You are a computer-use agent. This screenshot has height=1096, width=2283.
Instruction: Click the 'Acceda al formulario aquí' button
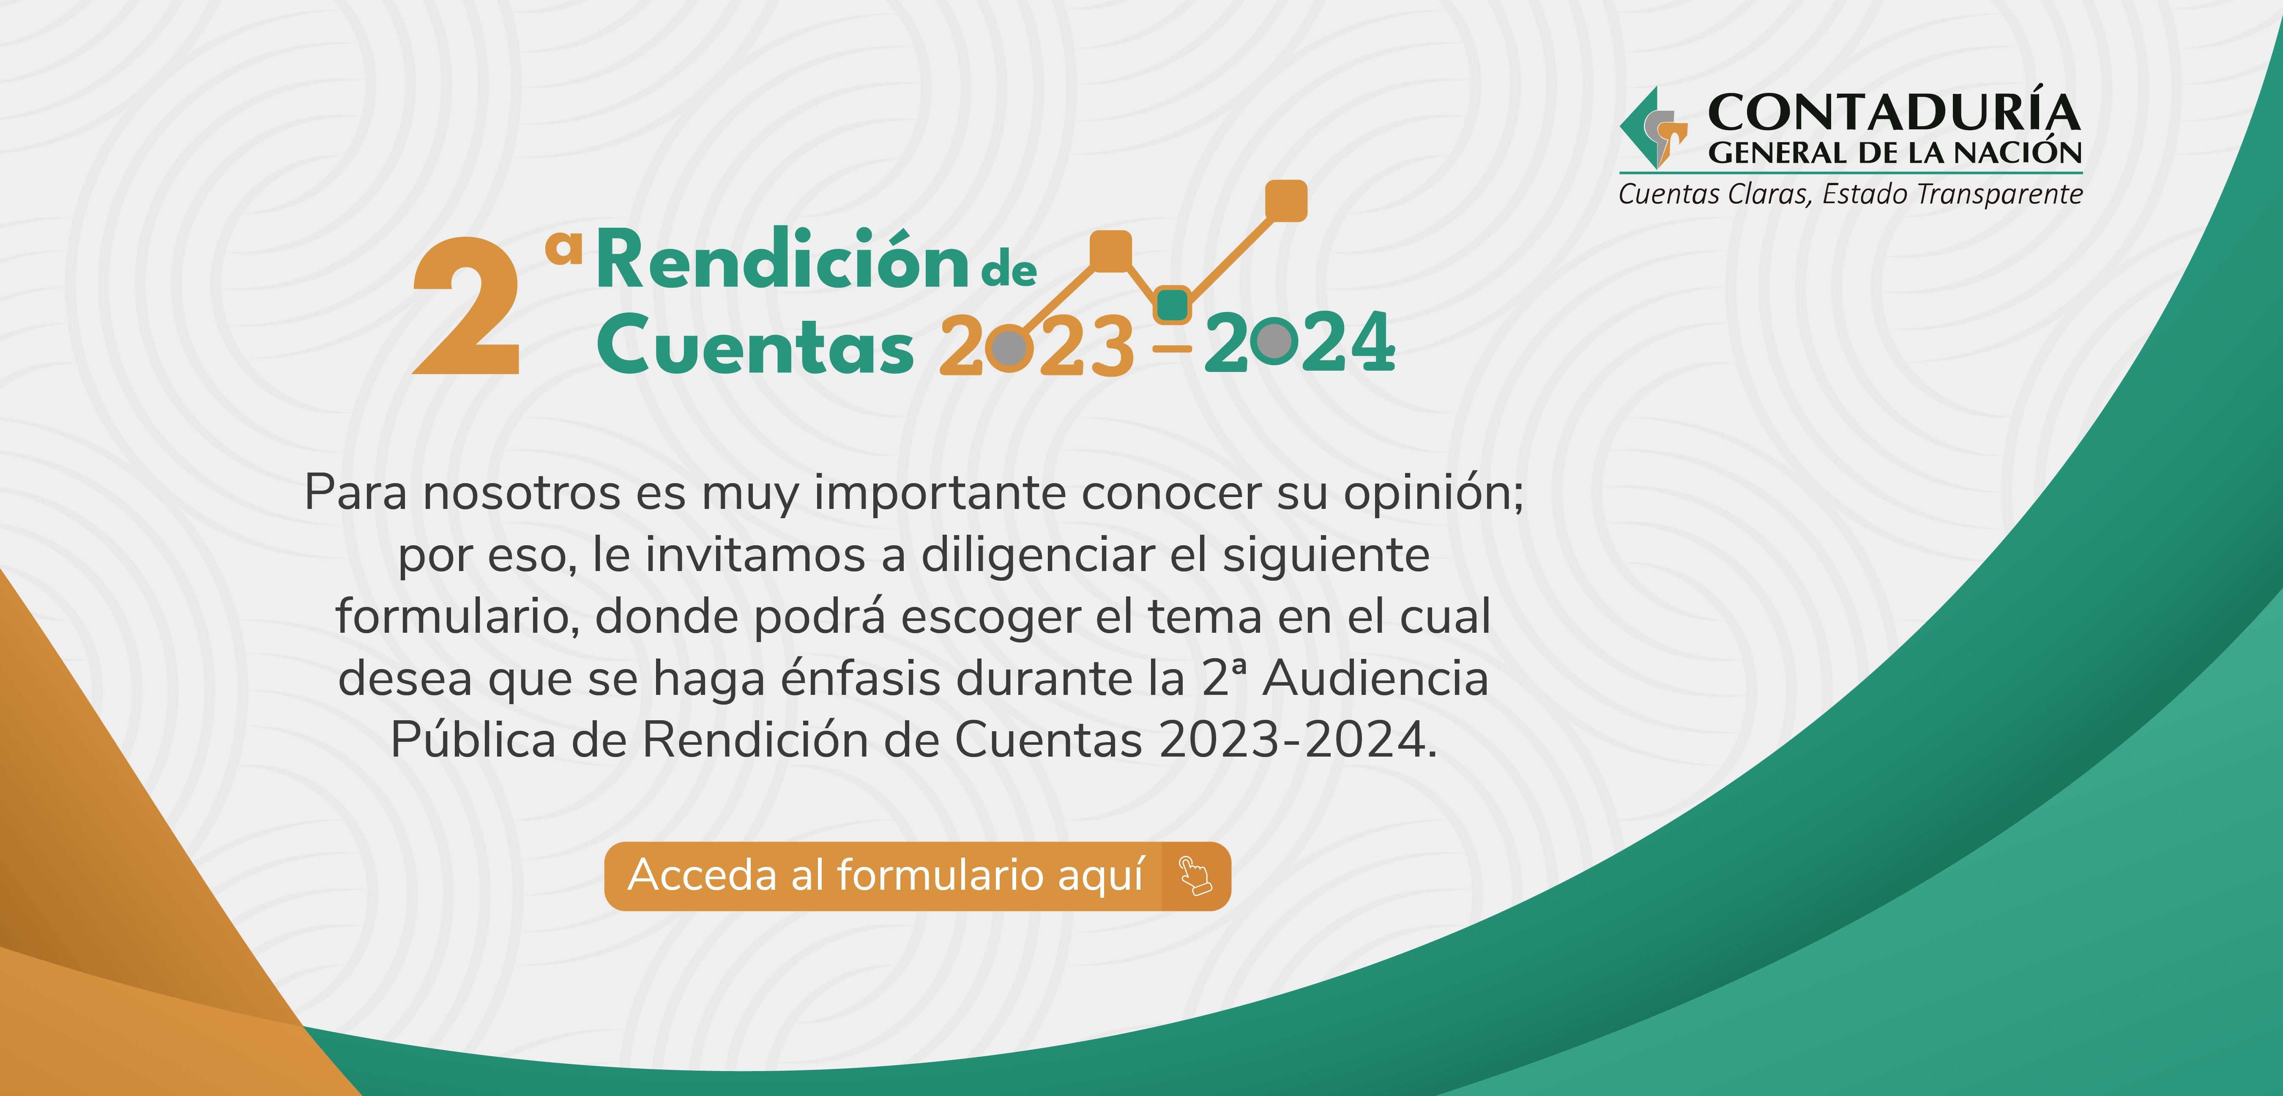(917, 876)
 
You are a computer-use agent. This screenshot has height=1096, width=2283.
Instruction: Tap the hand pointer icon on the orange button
(1195, 876)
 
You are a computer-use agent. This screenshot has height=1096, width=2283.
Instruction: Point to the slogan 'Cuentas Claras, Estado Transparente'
(1851, 194)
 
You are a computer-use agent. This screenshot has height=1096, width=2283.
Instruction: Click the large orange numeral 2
(467, 306)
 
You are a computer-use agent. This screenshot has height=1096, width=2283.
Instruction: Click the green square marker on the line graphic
(1173, 305)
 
